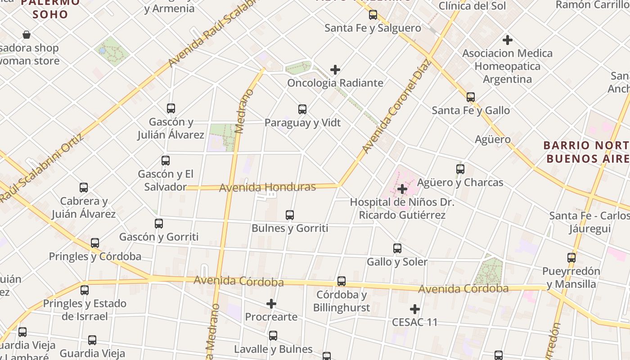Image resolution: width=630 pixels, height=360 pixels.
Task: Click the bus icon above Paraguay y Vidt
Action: point(302,109)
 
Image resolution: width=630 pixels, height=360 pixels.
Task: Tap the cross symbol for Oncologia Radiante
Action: point(335,70)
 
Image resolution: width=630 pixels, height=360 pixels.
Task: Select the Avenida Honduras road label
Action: point(267,187)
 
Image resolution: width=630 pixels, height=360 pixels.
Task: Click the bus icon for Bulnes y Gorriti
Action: point(290,215)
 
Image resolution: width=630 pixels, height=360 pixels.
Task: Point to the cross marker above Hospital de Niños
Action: point(402,189)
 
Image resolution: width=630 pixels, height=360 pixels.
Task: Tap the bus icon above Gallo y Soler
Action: point(397,248)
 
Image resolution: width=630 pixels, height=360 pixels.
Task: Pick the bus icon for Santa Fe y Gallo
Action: point(471,97)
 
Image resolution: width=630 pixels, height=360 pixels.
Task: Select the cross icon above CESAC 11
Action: point(415,309)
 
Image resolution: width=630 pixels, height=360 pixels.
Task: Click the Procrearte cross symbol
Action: point(271,304)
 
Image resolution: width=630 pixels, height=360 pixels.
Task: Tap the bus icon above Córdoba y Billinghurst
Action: point(342,281)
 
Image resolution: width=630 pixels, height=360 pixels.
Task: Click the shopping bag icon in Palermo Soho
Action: point(27,35)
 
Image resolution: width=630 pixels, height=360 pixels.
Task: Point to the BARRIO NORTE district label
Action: point(586,152)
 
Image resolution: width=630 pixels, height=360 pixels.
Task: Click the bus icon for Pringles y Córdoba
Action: point(95,243)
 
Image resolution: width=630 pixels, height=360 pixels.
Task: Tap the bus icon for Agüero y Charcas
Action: point(460,169)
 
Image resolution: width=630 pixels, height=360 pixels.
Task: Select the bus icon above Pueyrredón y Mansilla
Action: point(571,258)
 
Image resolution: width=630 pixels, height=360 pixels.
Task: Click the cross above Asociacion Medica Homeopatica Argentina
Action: point(508,40)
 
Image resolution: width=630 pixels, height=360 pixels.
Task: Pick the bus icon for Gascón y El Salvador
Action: point(166,160)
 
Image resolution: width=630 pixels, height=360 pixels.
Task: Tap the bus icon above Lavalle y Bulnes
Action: point(273,336)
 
